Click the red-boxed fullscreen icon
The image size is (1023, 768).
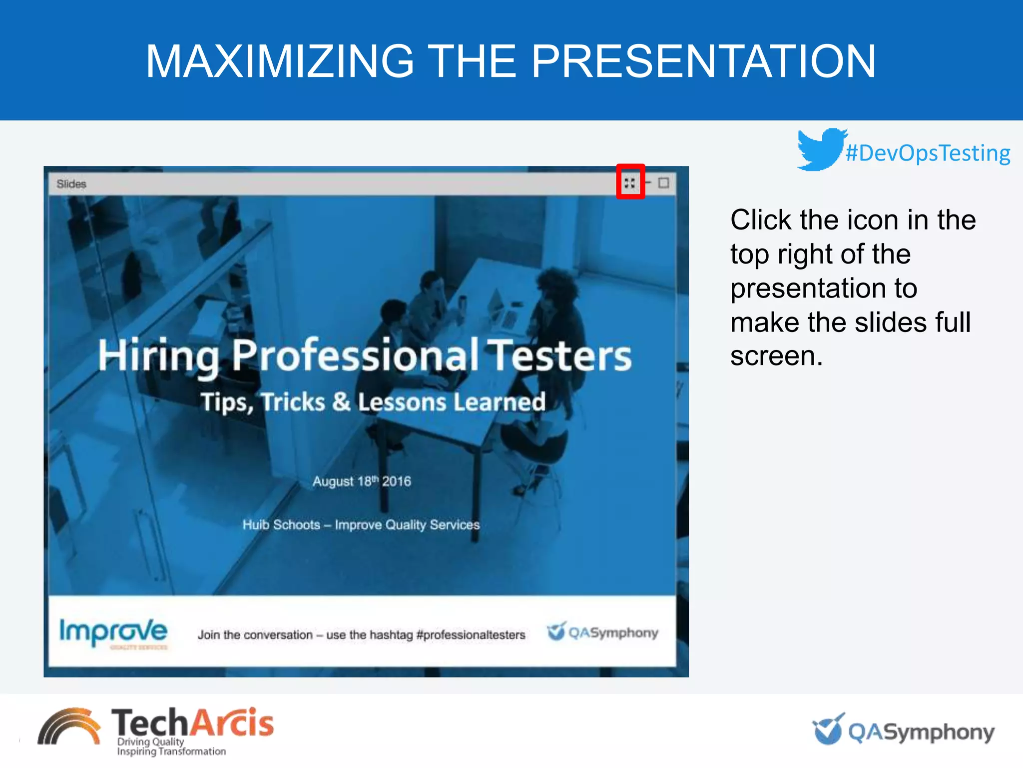630,182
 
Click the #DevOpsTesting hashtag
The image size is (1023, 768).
928,153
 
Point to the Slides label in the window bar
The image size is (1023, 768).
71,184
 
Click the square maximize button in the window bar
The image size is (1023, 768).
663,183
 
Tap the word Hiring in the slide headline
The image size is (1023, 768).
158,356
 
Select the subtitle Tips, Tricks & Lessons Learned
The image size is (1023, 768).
373,402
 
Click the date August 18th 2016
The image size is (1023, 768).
362,481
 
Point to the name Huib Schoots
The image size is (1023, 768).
281,524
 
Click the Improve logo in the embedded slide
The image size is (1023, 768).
114,632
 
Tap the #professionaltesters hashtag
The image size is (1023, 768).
471,634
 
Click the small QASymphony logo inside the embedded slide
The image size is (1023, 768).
602,632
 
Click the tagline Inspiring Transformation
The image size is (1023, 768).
171,751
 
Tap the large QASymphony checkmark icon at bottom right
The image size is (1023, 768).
828,729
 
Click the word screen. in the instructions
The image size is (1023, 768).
776,356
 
